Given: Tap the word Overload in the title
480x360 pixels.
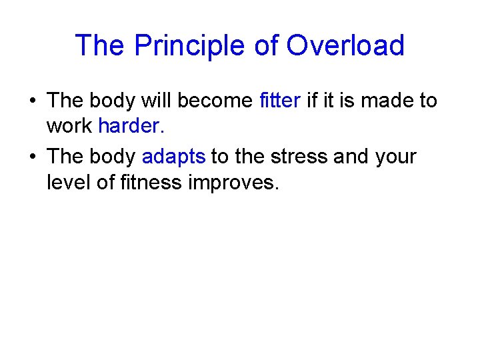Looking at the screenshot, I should [345, 46].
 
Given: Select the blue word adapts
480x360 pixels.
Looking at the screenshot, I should [173, 157].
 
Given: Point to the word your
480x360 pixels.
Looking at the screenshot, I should [395, 157].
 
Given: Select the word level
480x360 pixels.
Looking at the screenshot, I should [69, 181].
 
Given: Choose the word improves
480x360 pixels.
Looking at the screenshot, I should [233, 181].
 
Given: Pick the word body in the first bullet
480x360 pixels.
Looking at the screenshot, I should [111, 101].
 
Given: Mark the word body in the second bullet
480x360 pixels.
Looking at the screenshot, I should [111, 157].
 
